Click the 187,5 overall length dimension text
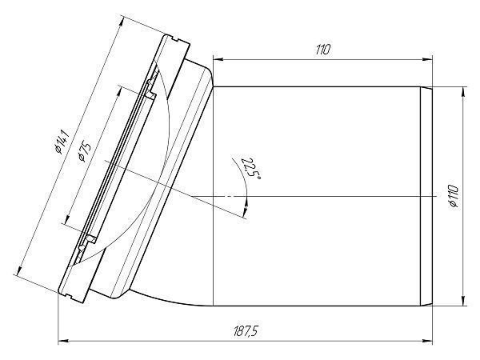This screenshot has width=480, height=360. coord(246,331)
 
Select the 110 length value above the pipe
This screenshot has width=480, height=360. coord(322,50)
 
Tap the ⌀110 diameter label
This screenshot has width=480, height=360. coord(454,196)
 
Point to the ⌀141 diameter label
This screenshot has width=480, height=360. coord(62,142)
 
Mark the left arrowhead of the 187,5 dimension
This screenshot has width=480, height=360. coord(62,340)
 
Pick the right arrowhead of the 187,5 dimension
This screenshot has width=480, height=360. coord(427,340)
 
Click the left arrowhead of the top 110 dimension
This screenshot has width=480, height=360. coord(218,59)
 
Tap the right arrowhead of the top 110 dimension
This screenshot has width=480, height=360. coord(427,59)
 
